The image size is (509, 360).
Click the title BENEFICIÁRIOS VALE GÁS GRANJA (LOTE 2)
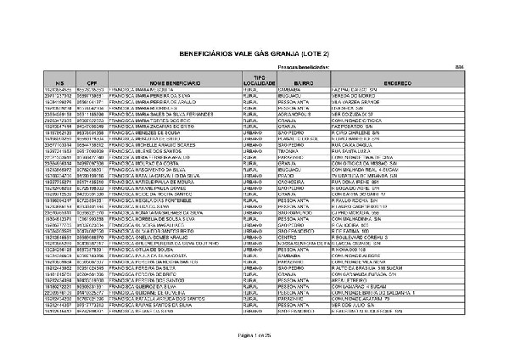pos(255,53)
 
